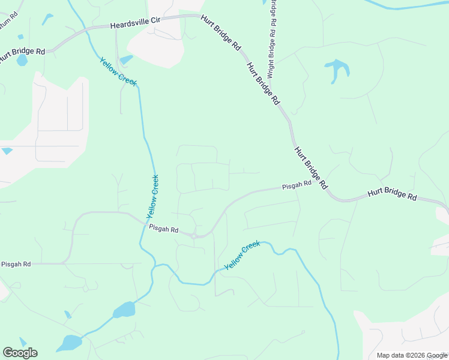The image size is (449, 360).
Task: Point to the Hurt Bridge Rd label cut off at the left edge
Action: pos(22,52)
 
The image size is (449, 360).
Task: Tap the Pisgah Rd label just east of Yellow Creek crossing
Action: pos(164,229)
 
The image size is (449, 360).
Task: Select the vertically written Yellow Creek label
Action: pos(152,197)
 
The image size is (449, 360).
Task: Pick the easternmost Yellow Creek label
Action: pos(242,255)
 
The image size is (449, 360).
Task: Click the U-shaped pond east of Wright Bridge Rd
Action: pos(338,69)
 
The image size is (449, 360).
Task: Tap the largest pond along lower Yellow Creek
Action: pos(124,310)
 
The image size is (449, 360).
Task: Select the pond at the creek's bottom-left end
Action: pos(70,343)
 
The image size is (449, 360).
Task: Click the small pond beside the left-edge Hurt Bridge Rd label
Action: pos(22,61)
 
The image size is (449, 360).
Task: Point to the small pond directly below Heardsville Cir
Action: pos(126,59)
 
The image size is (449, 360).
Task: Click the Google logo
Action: pos(20,353)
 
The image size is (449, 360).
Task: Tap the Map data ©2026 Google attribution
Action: pos(411,355)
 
